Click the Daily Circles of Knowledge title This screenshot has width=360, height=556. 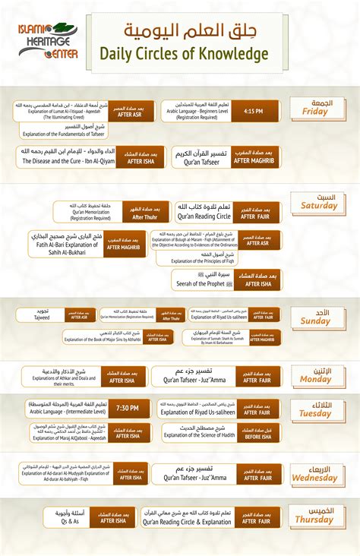point(184,53)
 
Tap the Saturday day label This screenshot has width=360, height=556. point(319,201)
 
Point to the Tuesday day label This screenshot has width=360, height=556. point(315,410)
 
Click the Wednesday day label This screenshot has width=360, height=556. point(315,474)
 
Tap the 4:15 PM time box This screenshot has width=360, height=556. point(254,112)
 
